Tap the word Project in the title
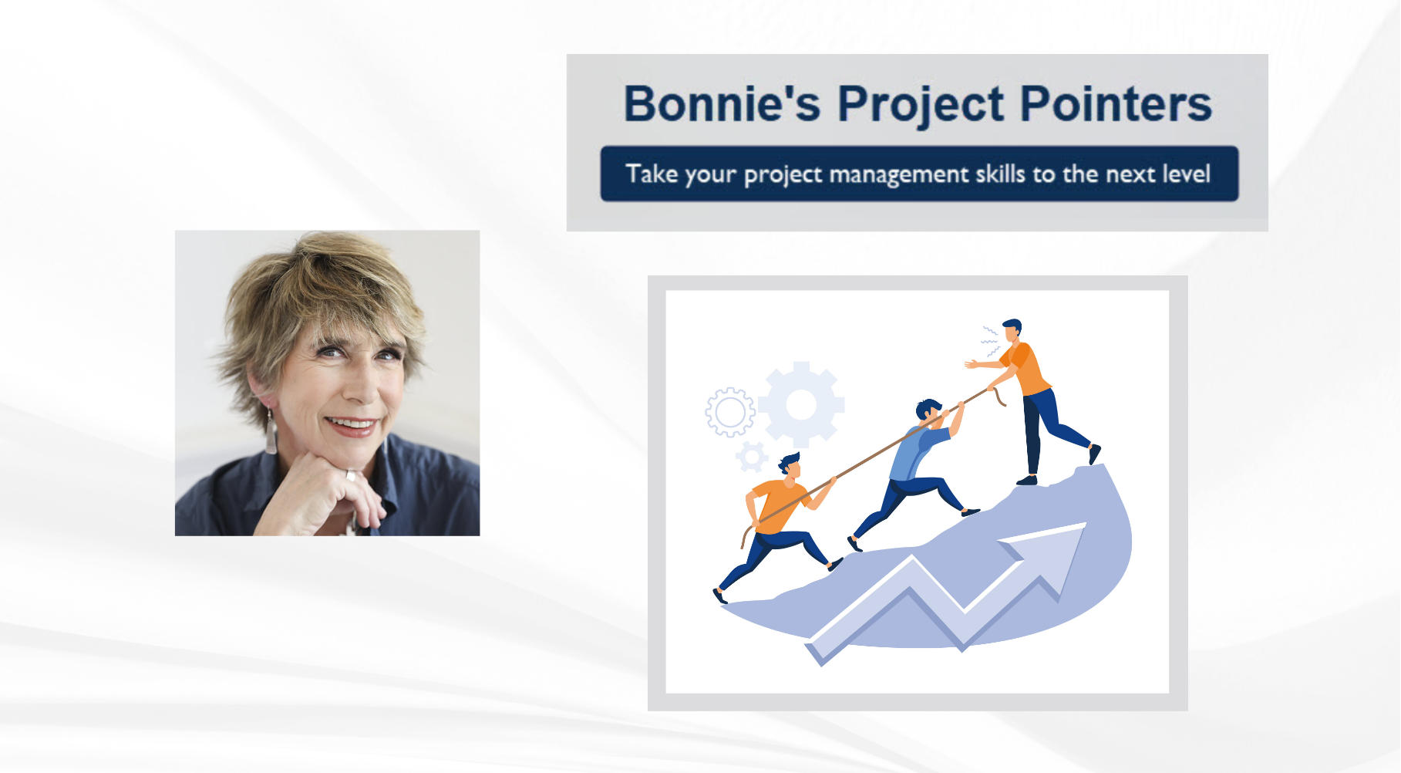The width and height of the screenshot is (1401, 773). [x=921, y=105]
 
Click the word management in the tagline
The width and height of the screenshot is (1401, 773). [x=899, y=175]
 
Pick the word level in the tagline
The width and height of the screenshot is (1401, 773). [x=1187, y=173]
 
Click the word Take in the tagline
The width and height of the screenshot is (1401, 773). [x=652, y=173]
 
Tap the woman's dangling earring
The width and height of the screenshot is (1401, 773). [x=271, y=434]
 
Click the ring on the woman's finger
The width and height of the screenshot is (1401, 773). [x=351, y=476]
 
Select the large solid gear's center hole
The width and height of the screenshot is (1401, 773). [x=801, y=404]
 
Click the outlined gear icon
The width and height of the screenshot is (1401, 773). [x=729, y=412]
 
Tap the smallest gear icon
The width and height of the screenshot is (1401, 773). [x=752, y=457]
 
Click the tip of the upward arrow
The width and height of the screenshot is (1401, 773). [x=1085, y=524]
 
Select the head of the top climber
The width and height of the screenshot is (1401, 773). [x=1012, y=329]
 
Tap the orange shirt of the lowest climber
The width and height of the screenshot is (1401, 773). [x=780, y=505]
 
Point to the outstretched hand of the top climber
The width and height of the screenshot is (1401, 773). [x=971, y=363]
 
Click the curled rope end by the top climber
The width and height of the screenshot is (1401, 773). [x=999, y=397]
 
